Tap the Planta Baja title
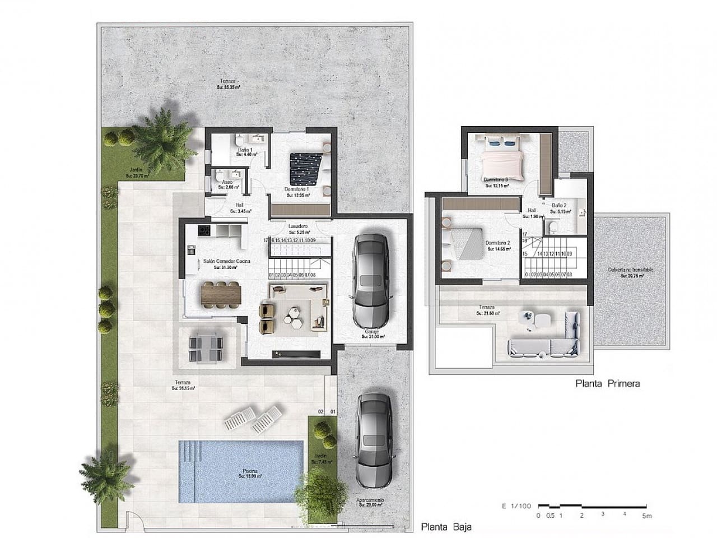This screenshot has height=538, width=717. (446, 527)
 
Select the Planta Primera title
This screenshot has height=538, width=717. (607, 384)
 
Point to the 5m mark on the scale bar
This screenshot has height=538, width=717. (647, 516)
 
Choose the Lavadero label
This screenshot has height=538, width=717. (298, 226)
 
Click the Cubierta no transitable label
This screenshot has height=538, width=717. (631, 270)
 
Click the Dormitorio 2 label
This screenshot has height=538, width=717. (498, 243)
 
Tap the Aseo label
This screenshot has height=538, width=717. (227, 183)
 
